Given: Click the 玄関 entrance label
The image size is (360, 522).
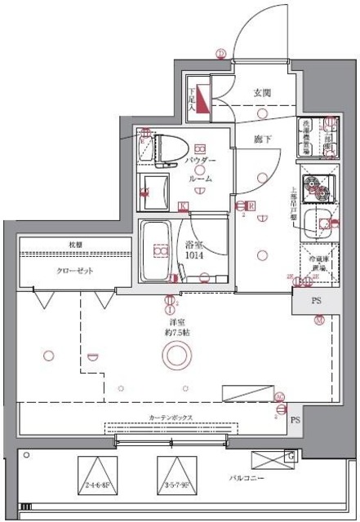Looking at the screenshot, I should [x=261, y=92].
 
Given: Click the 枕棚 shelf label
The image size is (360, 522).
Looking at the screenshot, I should [x=74, y=245].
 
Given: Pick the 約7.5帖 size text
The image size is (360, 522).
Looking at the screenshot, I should [x=174, y=333].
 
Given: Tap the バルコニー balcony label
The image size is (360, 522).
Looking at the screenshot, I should [x=250, y=480].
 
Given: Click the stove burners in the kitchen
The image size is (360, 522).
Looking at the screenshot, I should [x=317, y=189].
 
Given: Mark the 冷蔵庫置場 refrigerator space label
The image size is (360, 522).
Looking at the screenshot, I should [x=317, y=262].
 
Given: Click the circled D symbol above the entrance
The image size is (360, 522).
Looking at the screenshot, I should [x=220, y=55].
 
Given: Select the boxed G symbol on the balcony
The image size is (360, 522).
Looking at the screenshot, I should [x=289, y=455].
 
